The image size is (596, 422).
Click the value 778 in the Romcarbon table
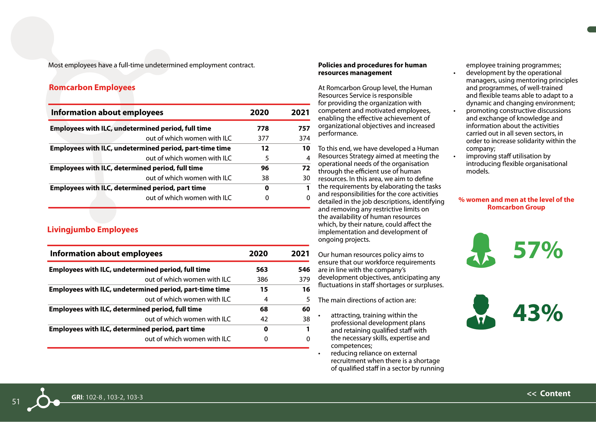(x=263, y=129)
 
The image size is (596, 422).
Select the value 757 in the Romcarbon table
(x=304, y=129)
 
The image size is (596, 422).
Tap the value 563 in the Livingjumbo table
(x=262, y=270)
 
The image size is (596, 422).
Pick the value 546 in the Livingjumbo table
(x=304, y=270)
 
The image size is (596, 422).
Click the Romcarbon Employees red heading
(x=92, y=87)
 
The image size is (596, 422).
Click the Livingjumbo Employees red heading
(x=92, y=230)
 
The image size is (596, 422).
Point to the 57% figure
(x=538, y=250)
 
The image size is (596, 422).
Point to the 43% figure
(x=538, y=313)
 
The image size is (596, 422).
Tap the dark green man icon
(x=481, y=312)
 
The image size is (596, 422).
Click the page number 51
(x=16, y=402)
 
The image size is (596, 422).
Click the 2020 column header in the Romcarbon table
(x=259, y=113)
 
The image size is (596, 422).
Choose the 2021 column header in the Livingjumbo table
(x=300, y=254)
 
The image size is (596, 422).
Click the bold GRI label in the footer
(x=77, y=397)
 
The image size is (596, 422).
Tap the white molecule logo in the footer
(x=43, y=400)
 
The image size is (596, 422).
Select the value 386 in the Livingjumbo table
(x=262, y=280)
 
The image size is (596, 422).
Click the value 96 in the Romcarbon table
(x=265, y=168)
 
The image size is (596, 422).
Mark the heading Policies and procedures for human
(x=372, y=65)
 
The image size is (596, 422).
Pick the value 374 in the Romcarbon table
(x=304, y=138)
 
